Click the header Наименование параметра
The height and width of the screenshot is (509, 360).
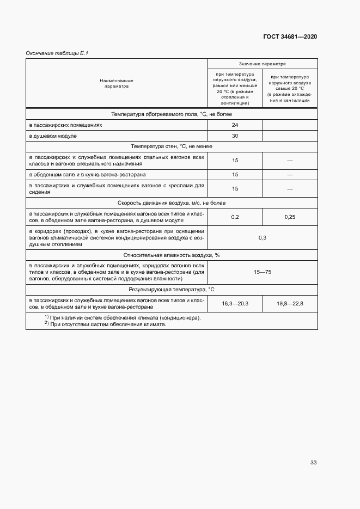tap(117, 83)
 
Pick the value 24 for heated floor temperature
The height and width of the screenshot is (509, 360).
tap(235, 125)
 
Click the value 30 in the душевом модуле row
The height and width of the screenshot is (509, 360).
tap(235, 136)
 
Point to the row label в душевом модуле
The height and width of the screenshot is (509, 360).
tap(53, 136)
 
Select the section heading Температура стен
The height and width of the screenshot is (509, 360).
tap(171, 146)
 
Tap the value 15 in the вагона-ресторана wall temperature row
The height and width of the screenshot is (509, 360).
tap(235, 175)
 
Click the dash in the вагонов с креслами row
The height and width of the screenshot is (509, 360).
tap(290, 189)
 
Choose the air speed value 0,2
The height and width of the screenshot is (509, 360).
tap(235, 217)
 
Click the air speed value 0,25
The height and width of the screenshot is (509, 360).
tap(290, 217)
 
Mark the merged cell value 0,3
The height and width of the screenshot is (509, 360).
tap(262, 238)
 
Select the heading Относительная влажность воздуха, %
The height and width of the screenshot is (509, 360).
tap(171, 254)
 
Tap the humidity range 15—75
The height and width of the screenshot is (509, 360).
tap(262, 272)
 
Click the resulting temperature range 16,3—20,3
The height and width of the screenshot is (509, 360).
tap(235, 303)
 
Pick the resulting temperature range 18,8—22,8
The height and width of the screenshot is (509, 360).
tap(290, 303)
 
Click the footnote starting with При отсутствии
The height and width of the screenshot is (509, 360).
tap(107, 324)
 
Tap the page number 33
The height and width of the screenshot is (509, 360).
tap(313, 463)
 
